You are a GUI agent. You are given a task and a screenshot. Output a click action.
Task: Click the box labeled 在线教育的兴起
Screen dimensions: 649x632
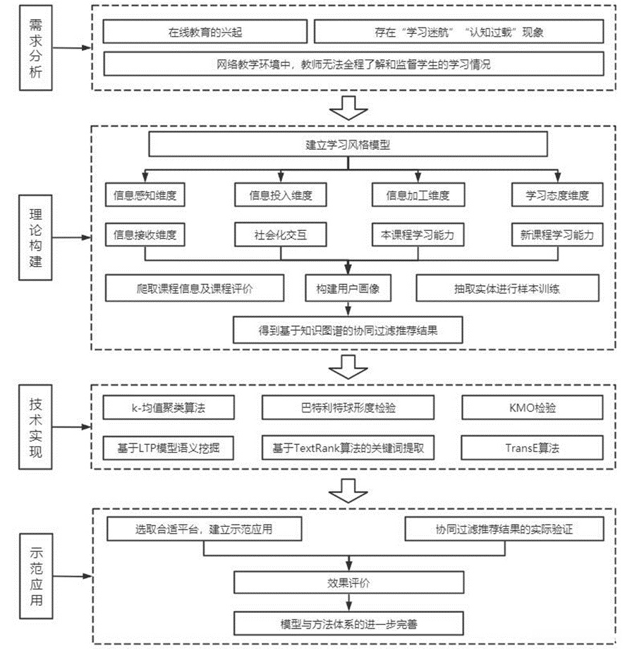pyautogui.click(x=205, y=32)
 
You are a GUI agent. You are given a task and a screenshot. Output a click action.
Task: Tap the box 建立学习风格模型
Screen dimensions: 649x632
pyautogui.click(x=348, y=146)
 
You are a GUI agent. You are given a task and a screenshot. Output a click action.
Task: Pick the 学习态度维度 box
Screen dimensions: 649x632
pyautogui.click(x=557, y=195)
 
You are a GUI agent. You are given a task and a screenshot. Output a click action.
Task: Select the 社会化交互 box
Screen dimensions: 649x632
pyautogui.click(x=281, y=234)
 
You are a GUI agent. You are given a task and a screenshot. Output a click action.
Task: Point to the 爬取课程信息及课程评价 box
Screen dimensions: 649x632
pyautogui.click(x=195, y=288)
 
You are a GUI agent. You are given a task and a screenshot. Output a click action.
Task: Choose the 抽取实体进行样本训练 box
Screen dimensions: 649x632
pyautogui.click(x=507, y=288)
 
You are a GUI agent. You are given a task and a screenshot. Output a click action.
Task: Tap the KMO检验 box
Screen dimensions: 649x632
pyautogui.click(x=533, y=407)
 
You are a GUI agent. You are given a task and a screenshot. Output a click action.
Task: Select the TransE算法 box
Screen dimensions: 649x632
pyautogui.click(x=533, y=447)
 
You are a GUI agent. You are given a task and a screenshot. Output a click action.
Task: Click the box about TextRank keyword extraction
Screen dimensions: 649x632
pyautogui.click(x=348, y=447)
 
